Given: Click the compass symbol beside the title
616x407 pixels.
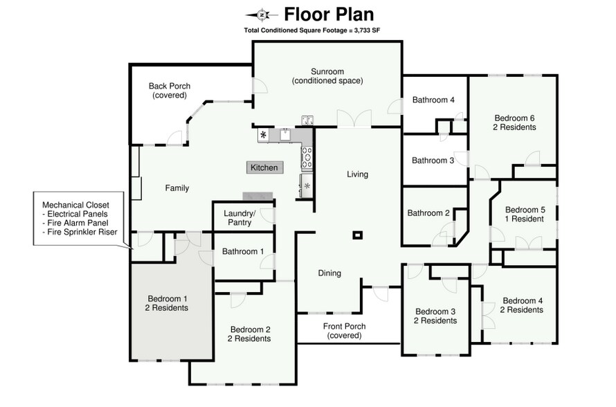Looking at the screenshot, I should click(262, 15).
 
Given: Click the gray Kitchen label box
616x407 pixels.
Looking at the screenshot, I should click(264, 168).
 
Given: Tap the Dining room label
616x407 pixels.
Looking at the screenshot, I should click(329, 273).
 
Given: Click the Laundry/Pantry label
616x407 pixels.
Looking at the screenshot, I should click(239, 218).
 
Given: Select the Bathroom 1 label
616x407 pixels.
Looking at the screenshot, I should click(242, 252).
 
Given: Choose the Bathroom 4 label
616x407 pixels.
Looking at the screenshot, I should click(433, 100).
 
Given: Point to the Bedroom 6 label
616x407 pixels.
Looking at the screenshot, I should click(514, 118).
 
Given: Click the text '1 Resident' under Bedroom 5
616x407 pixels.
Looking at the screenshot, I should click(525, 219).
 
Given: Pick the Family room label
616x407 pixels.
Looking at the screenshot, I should click(176, 188).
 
